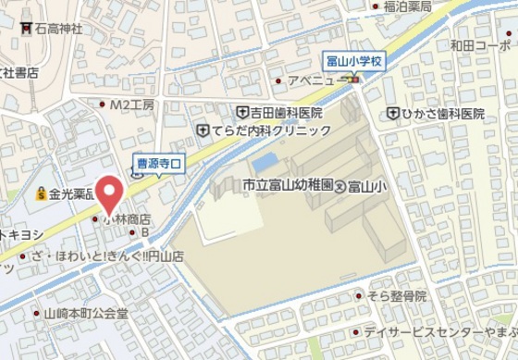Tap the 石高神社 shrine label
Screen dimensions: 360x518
click(58, 29)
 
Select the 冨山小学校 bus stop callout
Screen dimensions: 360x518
click(354, 61)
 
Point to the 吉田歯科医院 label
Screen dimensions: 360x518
click(286, 112)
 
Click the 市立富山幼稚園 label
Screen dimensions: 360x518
click(286, 186)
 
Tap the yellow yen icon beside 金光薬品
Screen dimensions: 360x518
click(42, 194)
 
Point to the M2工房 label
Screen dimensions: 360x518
click(131, 105)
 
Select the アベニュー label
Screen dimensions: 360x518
click(315, 81)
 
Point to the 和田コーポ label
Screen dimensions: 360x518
click(480, 44)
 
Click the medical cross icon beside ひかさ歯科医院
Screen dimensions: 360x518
click(393, 113)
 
